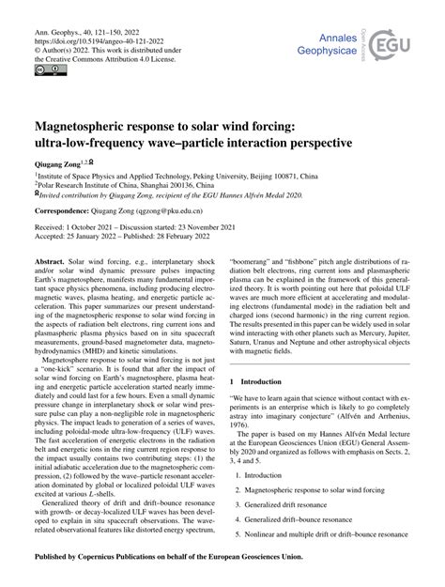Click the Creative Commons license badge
[x=48, y=69]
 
